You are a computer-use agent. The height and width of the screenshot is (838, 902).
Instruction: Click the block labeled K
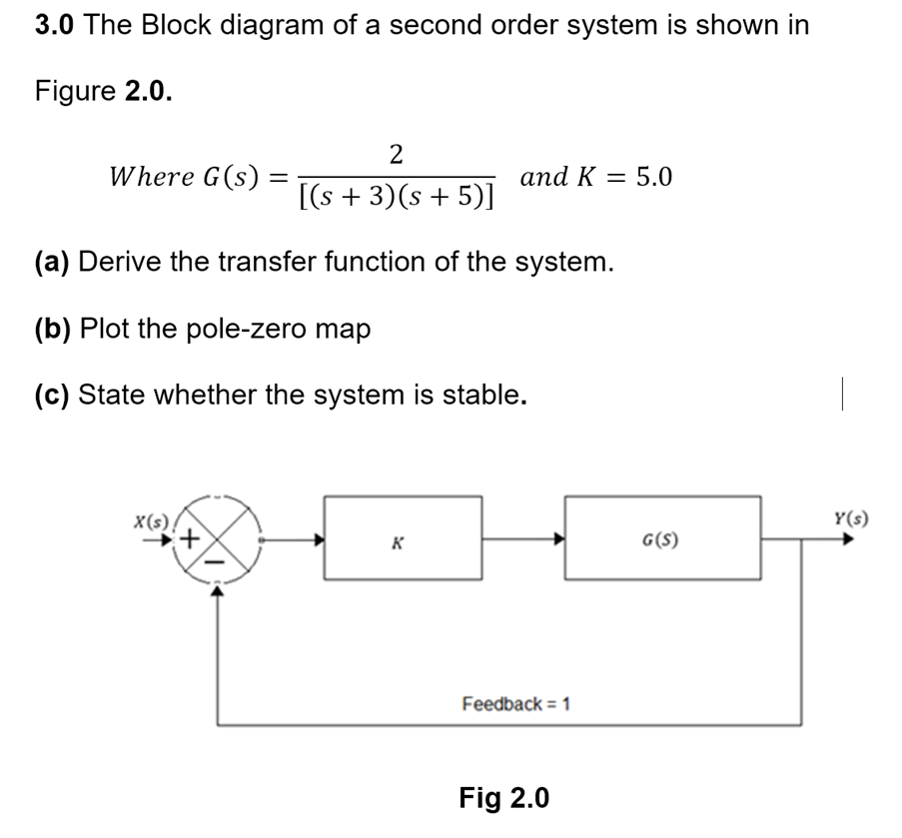pos(403,537)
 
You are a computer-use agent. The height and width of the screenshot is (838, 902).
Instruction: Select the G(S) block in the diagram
pos(661,537)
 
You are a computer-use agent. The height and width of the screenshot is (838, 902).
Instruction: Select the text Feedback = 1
pos(515,703)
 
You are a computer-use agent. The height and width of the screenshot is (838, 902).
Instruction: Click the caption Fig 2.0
pos(503,798)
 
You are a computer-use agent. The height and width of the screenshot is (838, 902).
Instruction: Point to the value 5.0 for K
pos(654,177)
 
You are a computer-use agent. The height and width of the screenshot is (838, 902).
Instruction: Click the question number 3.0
pos(55,25)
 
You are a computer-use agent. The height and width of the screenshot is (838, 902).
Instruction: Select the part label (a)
pos(53,263)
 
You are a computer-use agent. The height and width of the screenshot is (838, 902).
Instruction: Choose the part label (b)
pos(53,329)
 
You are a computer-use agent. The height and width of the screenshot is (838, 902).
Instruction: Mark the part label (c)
pos(53,395)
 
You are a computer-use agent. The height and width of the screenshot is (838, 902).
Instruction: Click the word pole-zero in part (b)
pos(251,329)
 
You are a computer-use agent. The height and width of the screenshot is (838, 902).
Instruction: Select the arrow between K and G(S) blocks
pos(524,538)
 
